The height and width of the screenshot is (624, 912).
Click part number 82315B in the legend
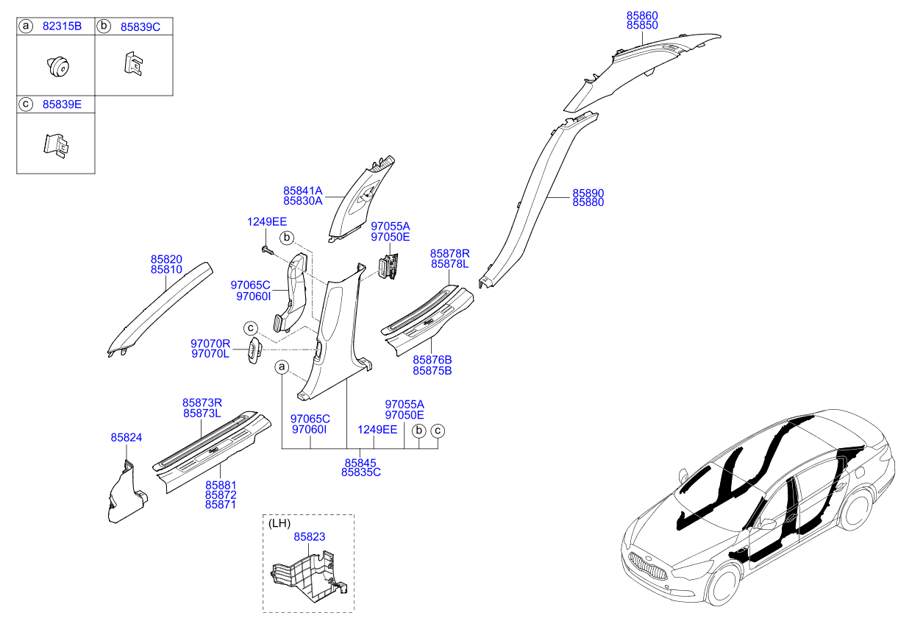coord(63,26)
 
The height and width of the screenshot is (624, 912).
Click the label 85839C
coord(140,26)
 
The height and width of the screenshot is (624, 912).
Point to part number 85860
coord(642,15)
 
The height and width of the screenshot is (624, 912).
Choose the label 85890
coord(588,193)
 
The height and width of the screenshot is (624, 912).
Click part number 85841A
coord(302,190)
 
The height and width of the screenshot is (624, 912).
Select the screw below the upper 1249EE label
coord(266,250)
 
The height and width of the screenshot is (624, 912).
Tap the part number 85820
coord(166,259)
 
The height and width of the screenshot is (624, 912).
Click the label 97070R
coord(210,343)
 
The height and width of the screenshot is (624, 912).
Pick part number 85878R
coord(450,253)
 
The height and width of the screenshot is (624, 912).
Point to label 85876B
coord(432,360)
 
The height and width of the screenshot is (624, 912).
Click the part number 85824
coord(127,437)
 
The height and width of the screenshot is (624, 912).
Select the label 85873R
coord(202,403)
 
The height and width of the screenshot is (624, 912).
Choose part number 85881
coord(221,485)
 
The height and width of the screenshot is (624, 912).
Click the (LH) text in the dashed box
coord(279,523)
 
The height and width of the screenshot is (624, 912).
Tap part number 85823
coord(310,538)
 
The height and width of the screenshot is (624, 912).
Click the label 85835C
coord(360,472)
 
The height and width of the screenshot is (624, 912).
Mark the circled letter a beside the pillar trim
coord(282,366)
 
